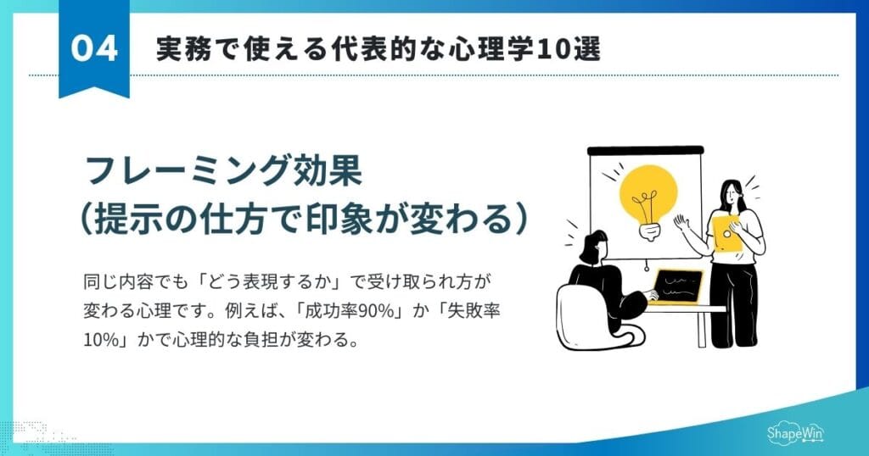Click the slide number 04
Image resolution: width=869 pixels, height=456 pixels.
[x=93, y=49]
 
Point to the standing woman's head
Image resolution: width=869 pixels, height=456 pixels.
[x=731, y=192]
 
